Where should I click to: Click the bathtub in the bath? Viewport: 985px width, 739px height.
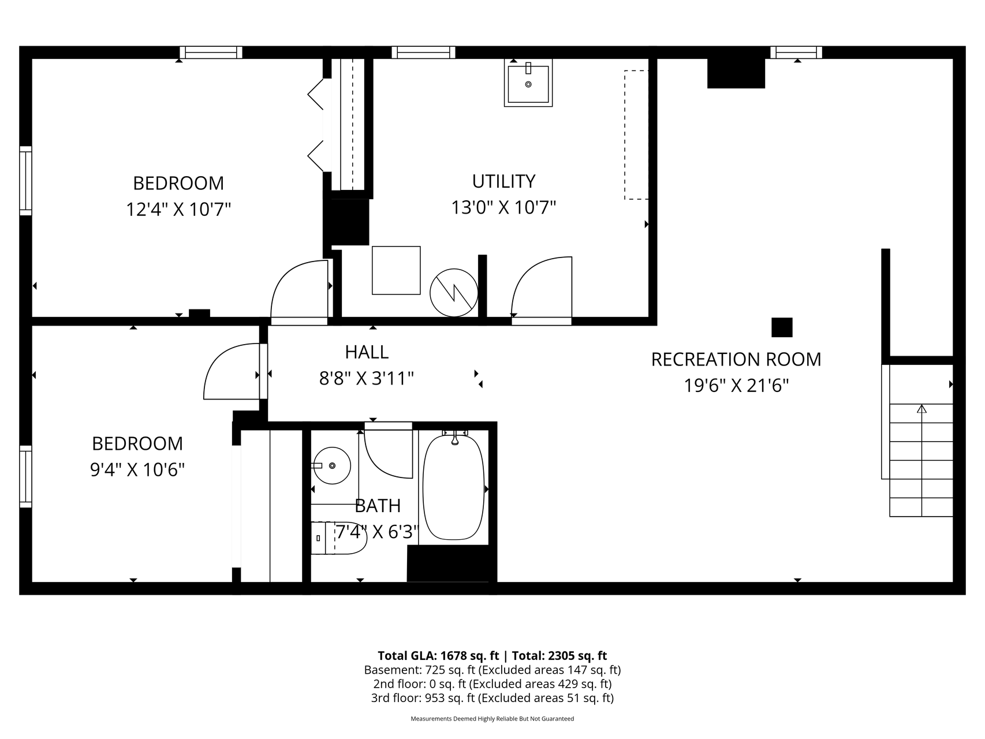454,488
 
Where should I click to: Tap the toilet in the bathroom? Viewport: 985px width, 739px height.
339,538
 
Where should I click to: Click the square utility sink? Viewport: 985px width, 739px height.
528,83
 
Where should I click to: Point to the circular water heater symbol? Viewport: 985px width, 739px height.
454,292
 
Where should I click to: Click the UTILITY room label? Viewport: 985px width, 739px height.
503,181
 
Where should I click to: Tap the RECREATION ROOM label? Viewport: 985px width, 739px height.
736,359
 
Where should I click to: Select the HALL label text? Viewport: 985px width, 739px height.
367,352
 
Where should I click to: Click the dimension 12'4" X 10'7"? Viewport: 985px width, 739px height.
178,208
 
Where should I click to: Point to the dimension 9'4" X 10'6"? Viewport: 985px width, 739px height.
137,469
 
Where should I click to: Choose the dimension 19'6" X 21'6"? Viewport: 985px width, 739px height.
736,385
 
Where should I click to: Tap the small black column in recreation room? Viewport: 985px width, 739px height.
782,327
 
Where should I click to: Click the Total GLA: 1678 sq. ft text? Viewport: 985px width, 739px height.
438,655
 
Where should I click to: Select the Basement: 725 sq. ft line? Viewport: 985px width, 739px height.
493,670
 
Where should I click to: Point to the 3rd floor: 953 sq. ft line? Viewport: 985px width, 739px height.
493,698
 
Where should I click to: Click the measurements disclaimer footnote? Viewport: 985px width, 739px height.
493,719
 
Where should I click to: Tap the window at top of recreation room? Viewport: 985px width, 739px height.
796,53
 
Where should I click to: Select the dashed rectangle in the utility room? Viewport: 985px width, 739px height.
636,135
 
